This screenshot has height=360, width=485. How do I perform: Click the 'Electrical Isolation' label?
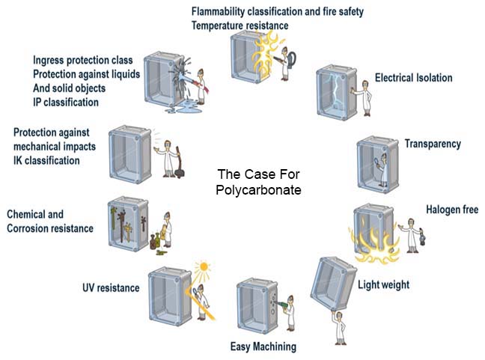pyautogui.click(x=413, y=78)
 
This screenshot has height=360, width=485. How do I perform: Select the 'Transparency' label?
pyautogui.click(x=433, y=143)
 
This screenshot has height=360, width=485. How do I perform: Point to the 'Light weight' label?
pyautogui.click(x=383, y=284)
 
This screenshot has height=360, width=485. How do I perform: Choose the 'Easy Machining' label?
pyautogui.click(x=263, y=346)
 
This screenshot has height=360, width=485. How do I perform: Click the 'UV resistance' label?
pyautogui.click(x=111, y=287)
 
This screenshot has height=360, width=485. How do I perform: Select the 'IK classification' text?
pyautogui.click(x=46, y=160)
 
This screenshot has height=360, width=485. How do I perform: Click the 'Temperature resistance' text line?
pyautogui.click(x=240, y=25)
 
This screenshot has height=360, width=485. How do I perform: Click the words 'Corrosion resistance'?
pyautogui.click(x=51, y=228)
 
